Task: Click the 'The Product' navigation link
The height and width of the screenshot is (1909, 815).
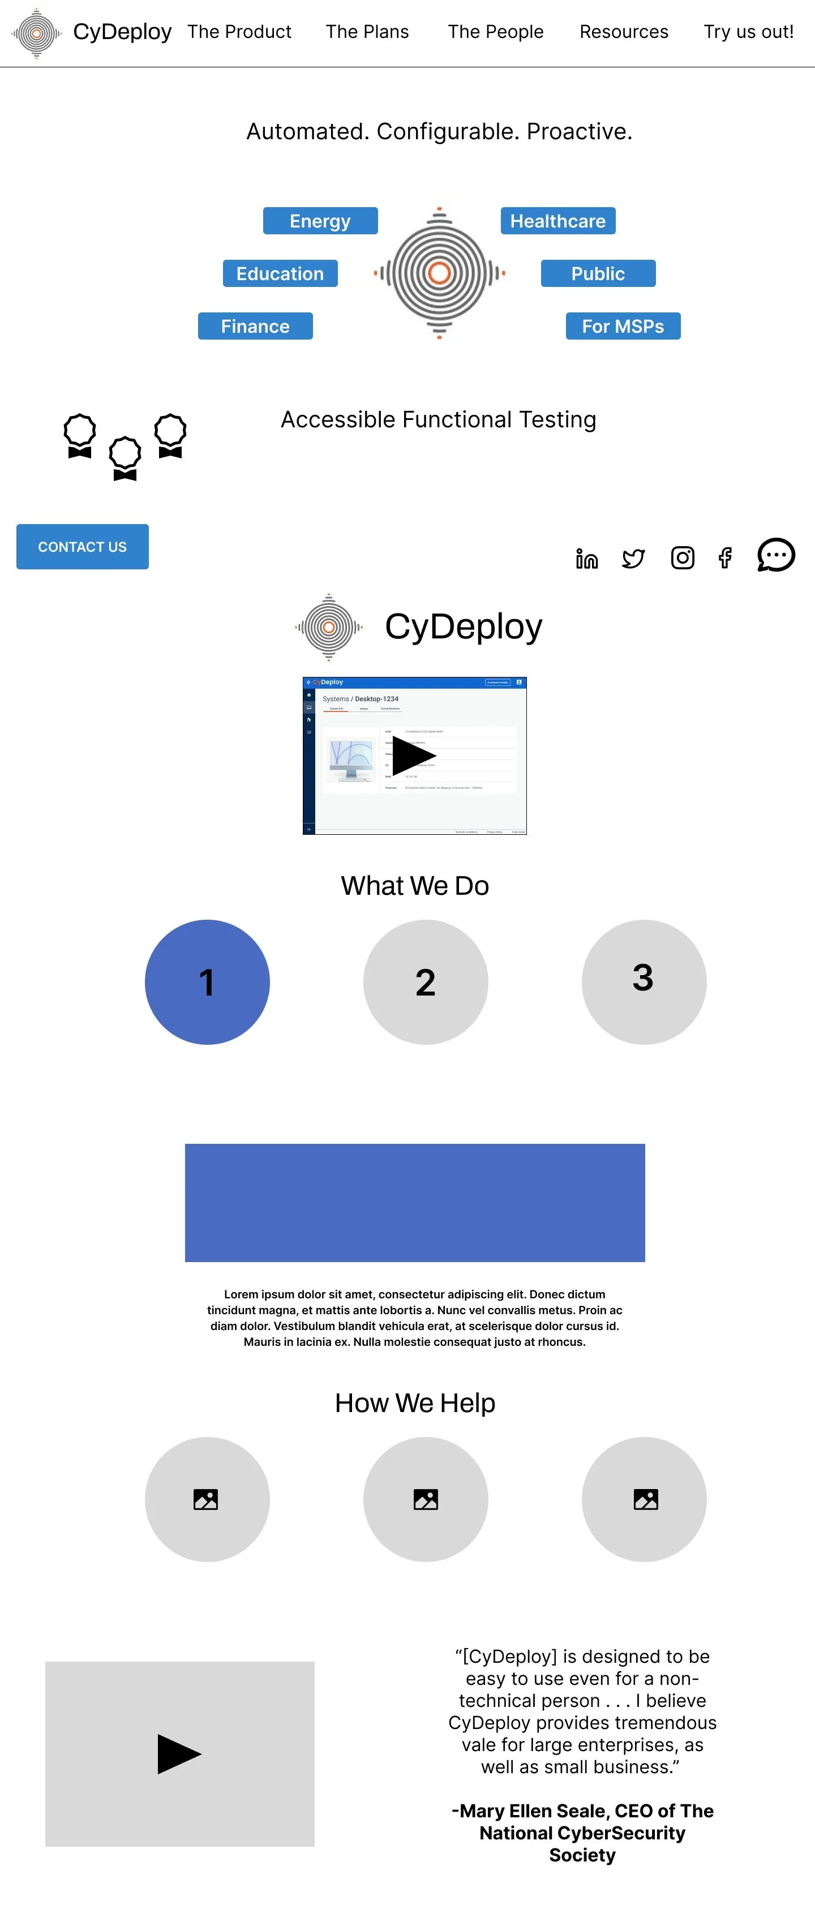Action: [x=239, y=32]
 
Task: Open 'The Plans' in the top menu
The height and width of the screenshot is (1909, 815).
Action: [x=367, y=32]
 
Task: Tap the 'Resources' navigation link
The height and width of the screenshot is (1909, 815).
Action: [x=623, y=32]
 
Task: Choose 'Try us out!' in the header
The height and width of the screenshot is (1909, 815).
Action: [x=748, y=32]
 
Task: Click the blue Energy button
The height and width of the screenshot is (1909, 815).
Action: [x=320, y=221]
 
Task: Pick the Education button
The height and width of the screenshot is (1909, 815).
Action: [x=280, y=273]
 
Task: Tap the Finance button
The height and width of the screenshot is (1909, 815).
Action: [x=255, y=326]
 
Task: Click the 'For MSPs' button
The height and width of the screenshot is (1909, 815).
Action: [x=623, y=326]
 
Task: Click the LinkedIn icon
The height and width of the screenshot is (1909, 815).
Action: [x=586, y=559]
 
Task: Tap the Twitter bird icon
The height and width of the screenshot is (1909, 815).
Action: [x=633, y=558]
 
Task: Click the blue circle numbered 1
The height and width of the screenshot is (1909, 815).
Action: [x=207, y=982]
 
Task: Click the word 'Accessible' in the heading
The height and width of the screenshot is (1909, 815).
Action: [x=338, y=419]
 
